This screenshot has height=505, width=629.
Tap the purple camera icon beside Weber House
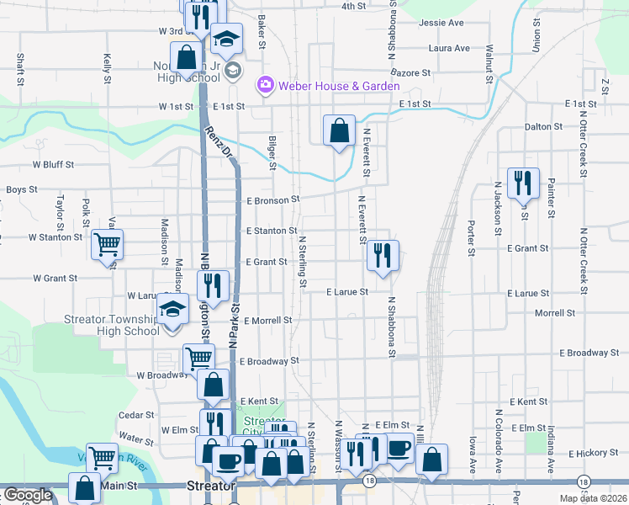tap(266, 84)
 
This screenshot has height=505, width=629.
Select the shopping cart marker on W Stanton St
tap(107, 245)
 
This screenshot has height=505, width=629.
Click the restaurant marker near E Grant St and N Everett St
tap(383, 256)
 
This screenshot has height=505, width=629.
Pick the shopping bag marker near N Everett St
tap(339, 131)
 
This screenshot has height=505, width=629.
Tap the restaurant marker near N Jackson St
tap(523, 183)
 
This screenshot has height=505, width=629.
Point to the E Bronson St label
tap(272, 200)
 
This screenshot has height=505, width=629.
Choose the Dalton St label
tap(542, 126)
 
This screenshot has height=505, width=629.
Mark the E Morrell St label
tap(267, 321)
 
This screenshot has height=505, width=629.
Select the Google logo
tap(28, 495)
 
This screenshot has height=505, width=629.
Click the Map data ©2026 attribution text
tap(594, 498)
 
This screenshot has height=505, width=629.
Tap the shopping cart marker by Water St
tap(102, 458)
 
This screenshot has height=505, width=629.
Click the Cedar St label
tap(136, 415)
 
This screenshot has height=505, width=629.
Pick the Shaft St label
tap(18, 70)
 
